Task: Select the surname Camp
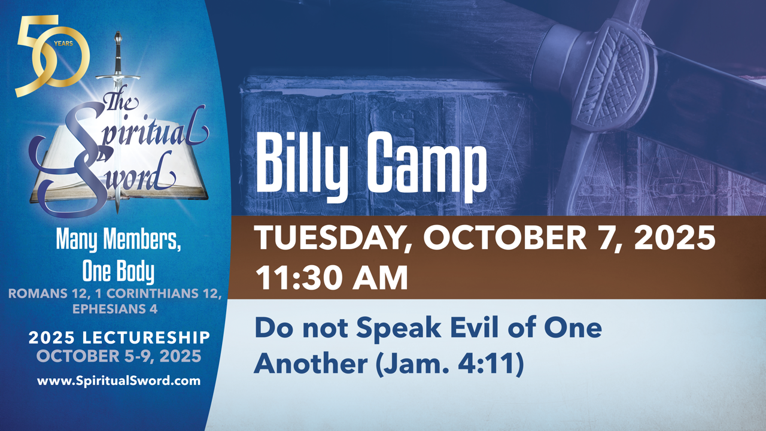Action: [x=426, y=165]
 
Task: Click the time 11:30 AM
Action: [x=332, y=278]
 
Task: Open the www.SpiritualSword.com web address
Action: [x=118, y=381]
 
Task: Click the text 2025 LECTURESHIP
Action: [x=119, y=338]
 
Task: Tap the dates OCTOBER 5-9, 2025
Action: [x=118, y=356]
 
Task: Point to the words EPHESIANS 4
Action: [x=115, y=309]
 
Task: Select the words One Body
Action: [x=118, y=272]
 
